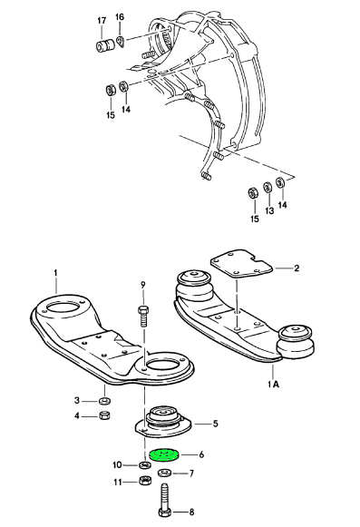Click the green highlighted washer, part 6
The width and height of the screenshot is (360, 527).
point(164,455)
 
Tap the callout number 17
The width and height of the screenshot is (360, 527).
point(102,21)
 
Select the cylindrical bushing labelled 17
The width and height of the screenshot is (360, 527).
point(105,45)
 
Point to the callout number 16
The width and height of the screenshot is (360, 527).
point(120,17)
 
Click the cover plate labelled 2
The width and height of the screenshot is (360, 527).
point(240,262)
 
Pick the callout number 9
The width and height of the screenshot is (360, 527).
point(143,285)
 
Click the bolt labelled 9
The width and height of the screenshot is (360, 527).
point(143,317)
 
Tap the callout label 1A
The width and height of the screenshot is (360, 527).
point(274,384)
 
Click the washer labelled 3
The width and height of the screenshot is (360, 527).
point(105,401)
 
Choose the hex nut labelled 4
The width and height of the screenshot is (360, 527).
point(105,415)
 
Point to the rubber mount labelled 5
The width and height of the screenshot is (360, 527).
point(163,421)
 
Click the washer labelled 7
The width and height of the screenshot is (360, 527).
point(165,473)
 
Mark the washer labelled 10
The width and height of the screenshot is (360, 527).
point(145,465)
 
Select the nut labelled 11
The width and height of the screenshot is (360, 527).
point(145,481)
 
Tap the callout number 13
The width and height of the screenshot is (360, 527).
point(269,210)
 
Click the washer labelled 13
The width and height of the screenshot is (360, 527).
point(268,187)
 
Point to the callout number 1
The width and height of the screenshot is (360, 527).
point(56,272)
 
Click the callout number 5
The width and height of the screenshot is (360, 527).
point(215,424)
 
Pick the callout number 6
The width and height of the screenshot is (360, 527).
point(201,454)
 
